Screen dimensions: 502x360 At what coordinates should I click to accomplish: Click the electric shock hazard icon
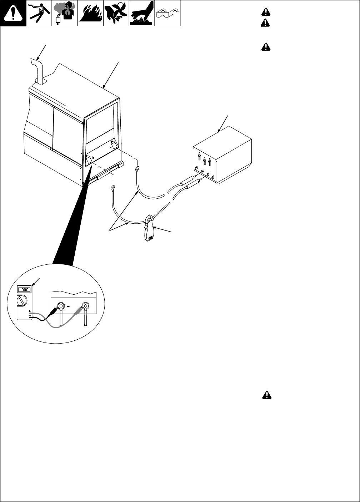39,14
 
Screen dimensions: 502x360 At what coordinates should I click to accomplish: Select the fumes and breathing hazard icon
65,14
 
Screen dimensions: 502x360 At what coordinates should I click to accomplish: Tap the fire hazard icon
90,14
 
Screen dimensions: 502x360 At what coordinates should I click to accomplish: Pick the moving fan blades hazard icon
116,14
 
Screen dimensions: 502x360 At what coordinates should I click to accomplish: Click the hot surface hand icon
142,14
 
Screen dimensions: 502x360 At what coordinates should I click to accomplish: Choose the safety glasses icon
167,14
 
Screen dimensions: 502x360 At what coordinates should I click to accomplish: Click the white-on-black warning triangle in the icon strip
13,14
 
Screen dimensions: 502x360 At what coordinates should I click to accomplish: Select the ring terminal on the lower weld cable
113,187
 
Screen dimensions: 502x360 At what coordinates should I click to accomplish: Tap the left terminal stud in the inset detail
60,306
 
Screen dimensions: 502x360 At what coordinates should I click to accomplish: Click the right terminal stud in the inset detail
85,306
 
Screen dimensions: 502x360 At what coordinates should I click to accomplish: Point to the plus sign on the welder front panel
93,157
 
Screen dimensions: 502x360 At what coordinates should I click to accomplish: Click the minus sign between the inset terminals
73,306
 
